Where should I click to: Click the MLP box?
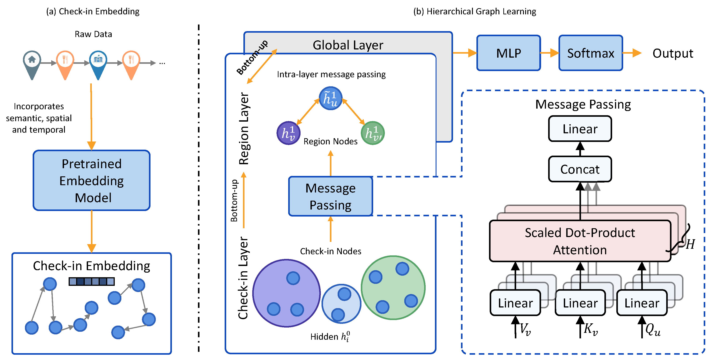508,53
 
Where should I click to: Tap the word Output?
672,53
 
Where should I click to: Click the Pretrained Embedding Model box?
91,181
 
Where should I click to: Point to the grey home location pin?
32,64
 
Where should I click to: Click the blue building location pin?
98,64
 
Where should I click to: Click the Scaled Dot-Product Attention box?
580,241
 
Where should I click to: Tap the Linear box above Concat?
580,129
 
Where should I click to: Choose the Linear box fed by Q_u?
642,303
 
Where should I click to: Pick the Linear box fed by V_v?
515,303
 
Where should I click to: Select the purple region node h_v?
288,133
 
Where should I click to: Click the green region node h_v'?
373,133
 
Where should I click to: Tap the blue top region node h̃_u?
330,98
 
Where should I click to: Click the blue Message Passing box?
330,196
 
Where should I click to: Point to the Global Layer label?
348,45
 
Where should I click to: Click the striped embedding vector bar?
91,281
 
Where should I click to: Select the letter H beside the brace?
690,244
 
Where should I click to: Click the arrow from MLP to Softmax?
549,53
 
